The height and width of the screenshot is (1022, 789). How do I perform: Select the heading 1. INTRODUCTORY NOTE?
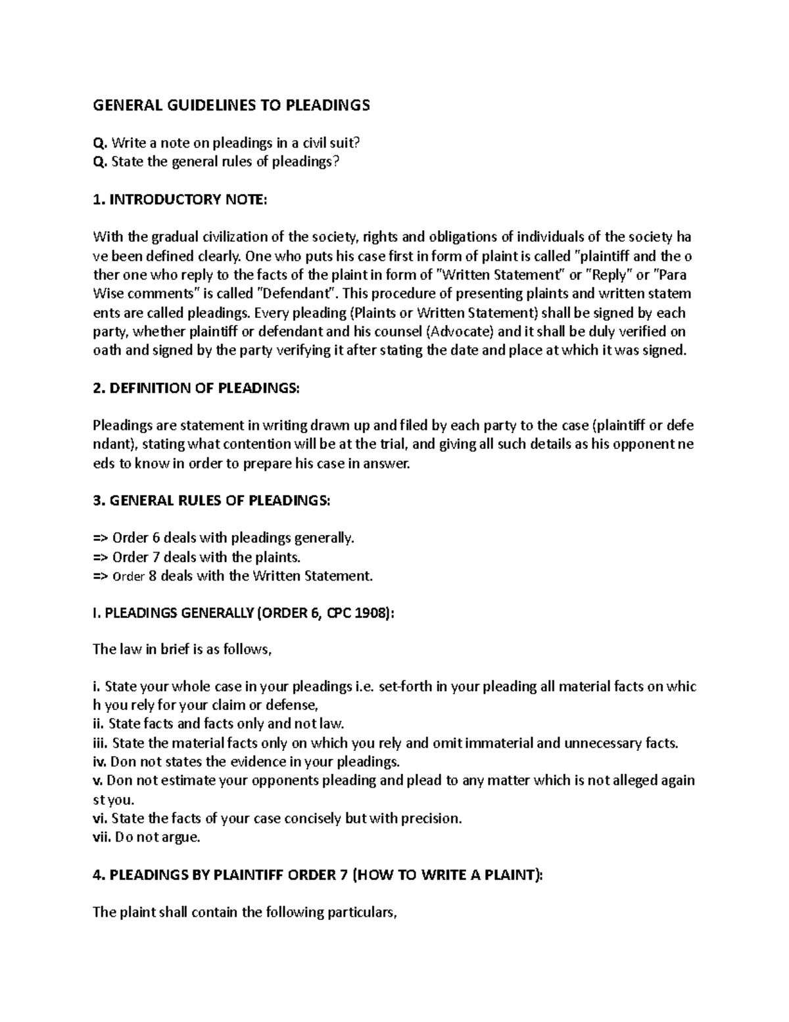180,200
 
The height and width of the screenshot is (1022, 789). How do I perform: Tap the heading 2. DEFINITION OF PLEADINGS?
196,388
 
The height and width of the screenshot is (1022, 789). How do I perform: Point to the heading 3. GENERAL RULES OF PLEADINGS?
212,501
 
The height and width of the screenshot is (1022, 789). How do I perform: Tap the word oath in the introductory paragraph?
107,350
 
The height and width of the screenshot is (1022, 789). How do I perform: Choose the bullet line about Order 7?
197,557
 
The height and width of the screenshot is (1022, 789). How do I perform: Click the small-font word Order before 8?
128,576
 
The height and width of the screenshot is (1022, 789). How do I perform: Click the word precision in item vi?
432,819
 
